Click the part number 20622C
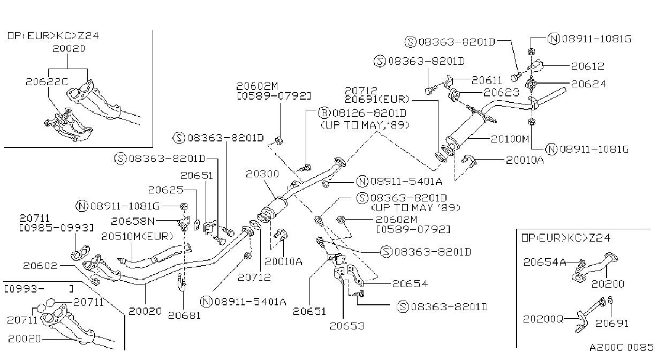click(47, 82)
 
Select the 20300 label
click(262, 174)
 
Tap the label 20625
click(165, 190)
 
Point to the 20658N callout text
click(133, 221)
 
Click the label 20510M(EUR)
click(137, 237)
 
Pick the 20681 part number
click(184, 316)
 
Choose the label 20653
click(347, 326)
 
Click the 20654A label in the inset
click(544, 262)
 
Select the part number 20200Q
click(543, 319)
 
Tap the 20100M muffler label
click(510, 139)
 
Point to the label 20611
click(487, 80)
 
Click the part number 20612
click(587, 66)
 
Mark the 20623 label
click(501, 93)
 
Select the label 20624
click(588, 84)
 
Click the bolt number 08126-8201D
click(369, 113)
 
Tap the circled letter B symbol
click(324, 113)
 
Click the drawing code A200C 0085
click(621, 348)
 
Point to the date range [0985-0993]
click(57, 228)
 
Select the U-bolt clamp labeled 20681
click(182, 283)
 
